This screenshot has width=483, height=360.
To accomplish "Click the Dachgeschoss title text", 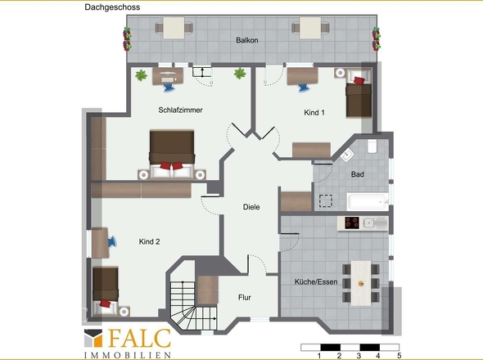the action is pos(112,7).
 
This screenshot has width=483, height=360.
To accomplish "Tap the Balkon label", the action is pos(247,40).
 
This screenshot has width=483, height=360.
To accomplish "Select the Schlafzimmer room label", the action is pos(180,110).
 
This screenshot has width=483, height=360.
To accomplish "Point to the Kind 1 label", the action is pos(314,113).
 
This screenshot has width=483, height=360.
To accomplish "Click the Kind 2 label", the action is pos(149,241).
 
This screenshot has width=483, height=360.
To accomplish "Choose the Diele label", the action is pos(251,207).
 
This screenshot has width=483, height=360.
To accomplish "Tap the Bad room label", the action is pos(357,174).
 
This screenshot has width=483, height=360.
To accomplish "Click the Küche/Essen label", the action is pos(316,281).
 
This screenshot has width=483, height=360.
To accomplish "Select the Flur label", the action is pos(245,298).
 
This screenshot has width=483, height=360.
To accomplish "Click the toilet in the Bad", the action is pos(372,146).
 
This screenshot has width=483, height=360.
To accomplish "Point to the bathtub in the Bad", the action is pos(368,202).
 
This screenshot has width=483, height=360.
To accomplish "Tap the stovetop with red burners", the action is pos(352,223).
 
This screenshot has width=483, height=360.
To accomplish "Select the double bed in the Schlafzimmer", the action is pos(172,154).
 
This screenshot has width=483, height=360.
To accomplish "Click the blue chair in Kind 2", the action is pos(112,242).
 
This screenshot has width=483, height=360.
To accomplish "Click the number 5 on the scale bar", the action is pos(399,356).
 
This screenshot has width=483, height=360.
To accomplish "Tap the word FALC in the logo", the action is pos(139,339).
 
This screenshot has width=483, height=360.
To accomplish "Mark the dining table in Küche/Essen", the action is pos(361,283).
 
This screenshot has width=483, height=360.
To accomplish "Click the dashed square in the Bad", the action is pos(326,201).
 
